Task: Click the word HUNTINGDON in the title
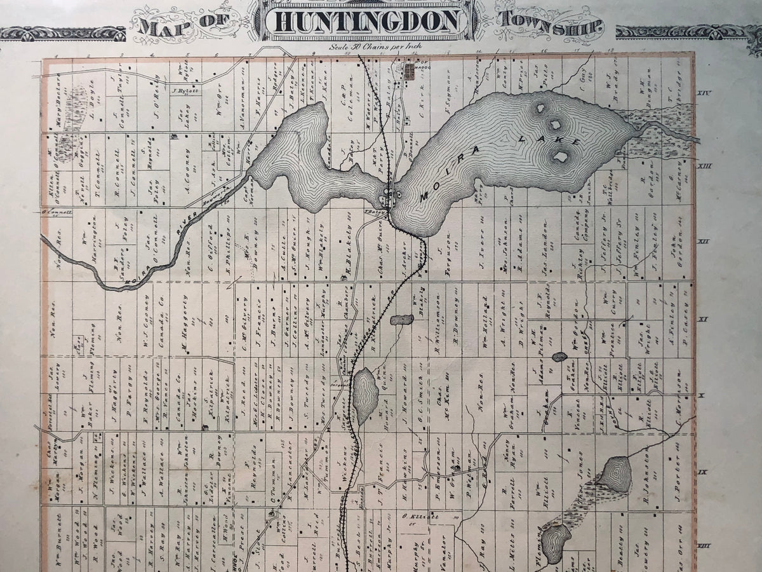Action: coord(368,20)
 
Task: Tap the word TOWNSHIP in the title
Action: coord(549,24)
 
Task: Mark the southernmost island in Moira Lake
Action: coord(560,156)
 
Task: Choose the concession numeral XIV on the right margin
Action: coord(704,93)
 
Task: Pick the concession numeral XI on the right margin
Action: coord(703,319)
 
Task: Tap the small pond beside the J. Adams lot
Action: coord(559,357)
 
